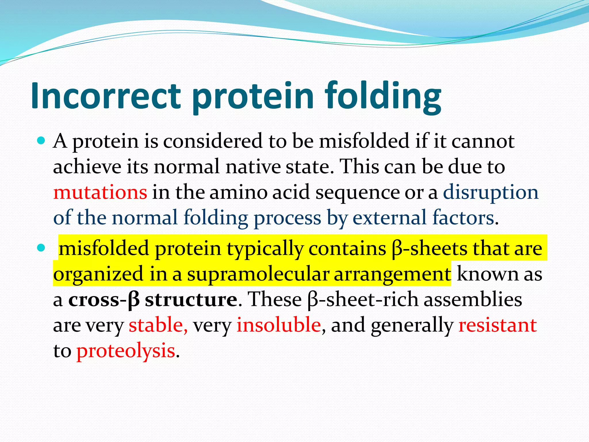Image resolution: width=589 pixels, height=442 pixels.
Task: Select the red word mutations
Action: [x=100, y=192]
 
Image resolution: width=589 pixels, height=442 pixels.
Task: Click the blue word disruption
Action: [x=491, y=192]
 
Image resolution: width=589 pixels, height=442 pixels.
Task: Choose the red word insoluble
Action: [x=279, y=325]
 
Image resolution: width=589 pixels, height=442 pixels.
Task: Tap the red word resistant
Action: [x=497, y=325]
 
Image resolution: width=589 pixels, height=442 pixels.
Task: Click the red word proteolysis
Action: [x=126, y=351]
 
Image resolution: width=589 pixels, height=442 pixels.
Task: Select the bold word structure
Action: [x=191, y=300]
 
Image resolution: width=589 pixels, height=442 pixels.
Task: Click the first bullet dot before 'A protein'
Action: [x=41, y=141]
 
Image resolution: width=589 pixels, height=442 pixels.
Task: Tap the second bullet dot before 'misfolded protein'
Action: [x=41, y=248]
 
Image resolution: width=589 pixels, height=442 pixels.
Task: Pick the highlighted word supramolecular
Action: [x=258, y=274]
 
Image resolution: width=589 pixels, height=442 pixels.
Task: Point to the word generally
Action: [x=412, y=325]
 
